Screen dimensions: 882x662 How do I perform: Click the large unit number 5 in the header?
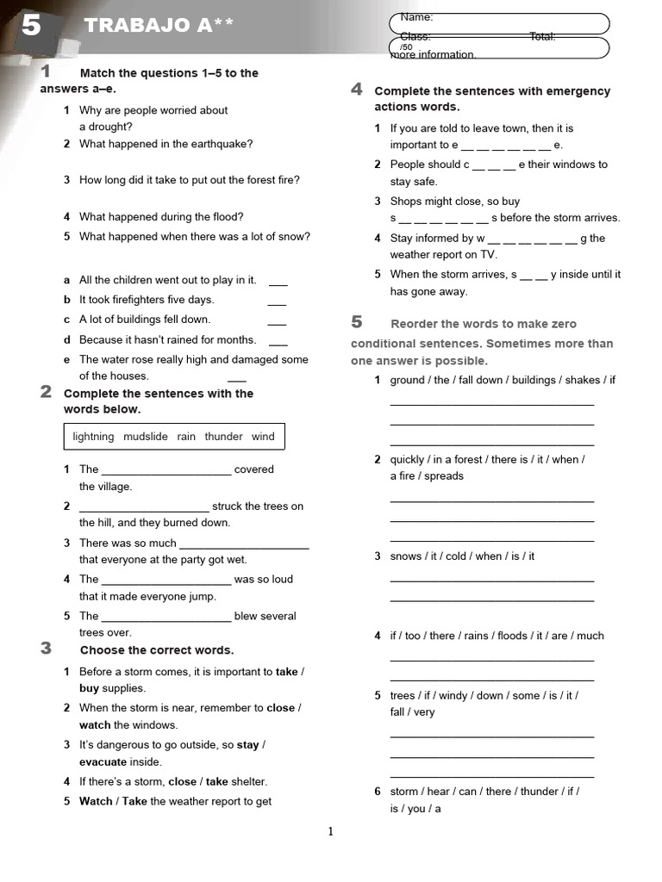30,26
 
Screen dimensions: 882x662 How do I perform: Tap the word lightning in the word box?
93,437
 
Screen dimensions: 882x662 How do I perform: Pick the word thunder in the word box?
224,437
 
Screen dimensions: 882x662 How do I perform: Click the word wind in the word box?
263,437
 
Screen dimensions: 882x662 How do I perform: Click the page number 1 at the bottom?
330,831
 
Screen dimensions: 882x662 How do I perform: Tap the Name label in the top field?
416,17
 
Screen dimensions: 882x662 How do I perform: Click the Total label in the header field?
542,36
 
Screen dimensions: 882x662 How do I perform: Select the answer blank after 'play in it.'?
278,282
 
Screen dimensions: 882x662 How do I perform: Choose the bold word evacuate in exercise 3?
103,762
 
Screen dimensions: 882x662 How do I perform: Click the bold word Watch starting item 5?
96,801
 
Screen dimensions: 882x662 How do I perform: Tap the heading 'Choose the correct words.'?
157,650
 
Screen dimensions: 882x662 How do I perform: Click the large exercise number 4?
357,90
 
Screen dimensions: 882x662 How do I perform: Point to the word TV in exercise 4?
489,255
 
